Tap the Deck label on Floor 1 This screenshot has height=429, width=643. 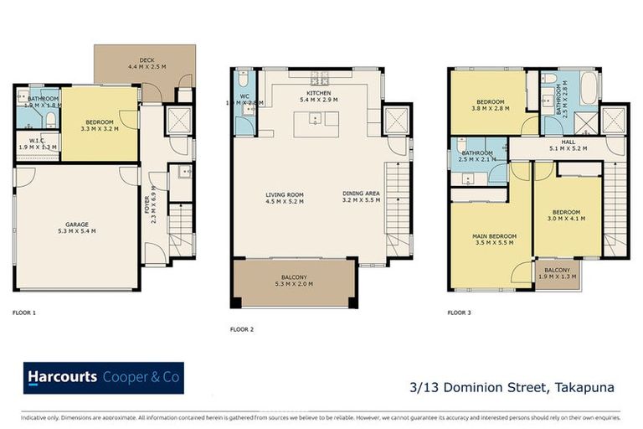click(147, 60)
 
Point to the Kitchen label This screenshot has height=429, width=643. click(318, 93)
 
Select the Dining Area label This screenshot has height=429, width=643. click(361, 194)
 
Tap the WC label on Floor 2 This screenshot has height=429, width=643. click(244, 96)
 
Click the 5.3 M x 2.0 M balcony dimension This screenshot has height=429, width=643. click(294, 284)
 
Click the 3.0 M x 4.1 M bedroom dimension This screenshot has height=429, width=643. click(568, 219)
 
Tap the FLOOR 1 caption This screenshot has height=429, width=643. click(25, 312)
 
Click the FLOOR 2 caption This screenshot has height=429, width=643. click(243, 329)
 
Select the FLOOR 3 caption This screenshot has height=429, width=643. click(460, 312)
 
